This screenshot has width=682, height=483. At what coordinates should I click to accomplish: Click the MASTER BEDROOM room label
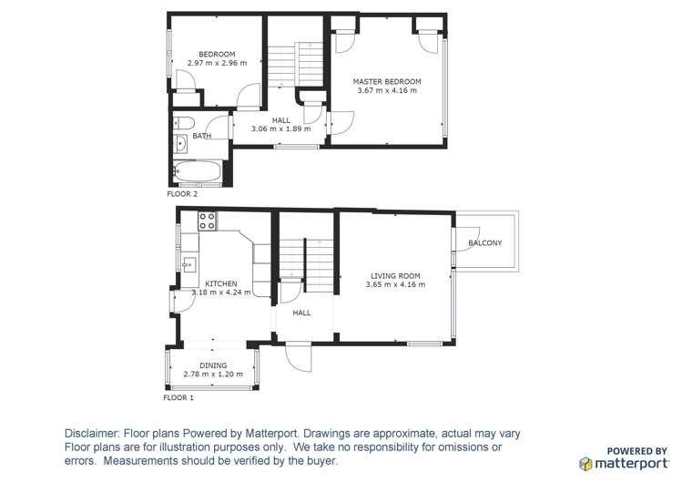tap(387, 81)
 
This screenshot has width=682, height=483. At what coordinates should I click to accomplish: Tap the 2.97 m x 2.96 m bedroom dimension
tap(217, 63)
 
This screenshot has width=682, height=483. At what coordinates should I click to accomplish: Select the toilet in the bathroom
tap(183, 123)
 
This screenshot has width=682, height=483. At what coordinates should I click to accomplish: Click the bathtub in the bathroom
tap(198, 171)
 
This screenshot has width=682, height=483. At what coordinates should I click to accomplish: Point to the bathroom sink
tap(180, 144)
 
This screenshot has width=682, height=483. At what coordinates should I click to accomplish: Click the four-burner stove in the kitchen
tap(207, 221)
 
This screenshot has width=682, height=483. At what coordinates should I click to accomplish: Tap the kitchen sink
tap(189, 264)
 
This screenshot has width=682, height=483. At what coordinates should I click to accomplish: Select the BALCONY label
tap(485, 242)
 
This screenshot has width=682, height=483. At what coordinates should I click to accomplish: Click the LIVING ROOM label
tap(395, 276)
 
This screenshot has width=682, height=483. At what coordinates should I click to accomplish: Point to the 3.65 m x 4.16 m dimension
tap(395, 284)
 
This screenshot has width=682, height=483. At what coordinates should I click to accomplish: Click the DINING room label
tap(213, 365)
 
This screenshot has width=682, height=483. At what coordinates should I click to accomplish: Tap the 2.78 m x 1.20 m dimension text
tap(213, 375)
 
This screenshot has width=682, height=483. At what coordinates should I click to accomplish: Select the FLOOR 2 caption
tap(182, 194)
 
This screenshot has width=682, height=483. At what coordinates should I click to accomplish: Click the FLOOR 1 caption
tap(178, 397)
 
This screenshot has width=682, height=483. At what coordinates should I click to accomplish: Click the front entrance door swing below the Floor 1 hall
tap(299, 356)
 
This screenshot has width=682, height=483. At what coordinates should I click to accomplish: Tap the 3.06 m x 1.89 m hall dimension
tap(281, 128)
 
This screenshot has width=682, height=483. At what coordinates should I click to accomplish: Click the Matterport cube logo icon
tap(585, 464)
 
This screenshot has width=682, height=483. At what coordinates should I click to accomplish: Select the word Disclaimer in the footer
tap(91, 434)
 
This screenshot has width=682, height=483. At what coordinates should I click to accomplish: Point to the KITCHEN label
tap(221, 283)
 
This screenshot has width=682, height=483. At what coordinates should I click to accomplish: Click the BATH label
tap(202, 136)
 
